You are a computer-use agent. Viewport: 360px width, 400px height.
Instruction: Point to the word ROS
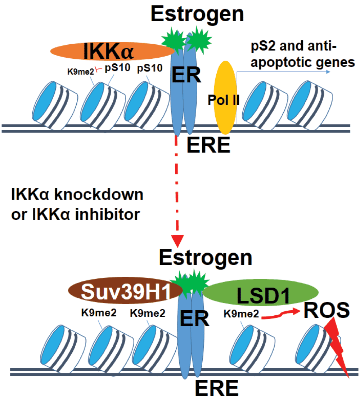326,311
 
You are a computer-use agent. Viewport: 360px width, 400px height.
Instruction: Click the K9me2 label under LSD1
241,314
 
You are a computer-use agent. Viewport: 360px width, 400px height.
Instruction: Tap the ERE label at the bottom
217,390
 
